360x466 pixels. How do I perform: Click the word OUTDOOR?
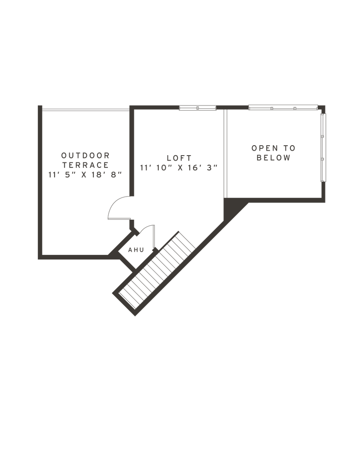click(85, 155)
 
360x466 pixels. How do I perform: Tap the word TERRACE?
click(85, 165)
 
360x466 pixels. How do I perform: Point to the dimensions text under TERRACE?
click(85, 174)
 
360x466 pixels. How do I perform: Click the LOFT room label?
click(179, 158)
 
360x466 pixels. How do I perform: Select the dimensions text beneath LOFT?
click(179, 167)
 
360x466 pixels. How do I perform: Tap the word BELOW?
click(273, 158)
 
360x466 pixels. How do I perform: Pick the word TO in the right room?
click(289, 148)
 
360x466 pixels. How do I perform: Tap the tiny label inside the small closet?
click(136, 249)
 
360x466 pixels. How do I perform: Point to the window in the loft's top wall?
click(196, 108)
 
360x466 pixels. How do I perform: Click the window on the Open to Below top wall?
click(282, 108)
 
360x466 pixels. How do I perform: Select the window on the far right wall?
click(324, 155)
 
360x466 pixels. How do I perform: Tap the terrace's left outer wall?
click(40, 182)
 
